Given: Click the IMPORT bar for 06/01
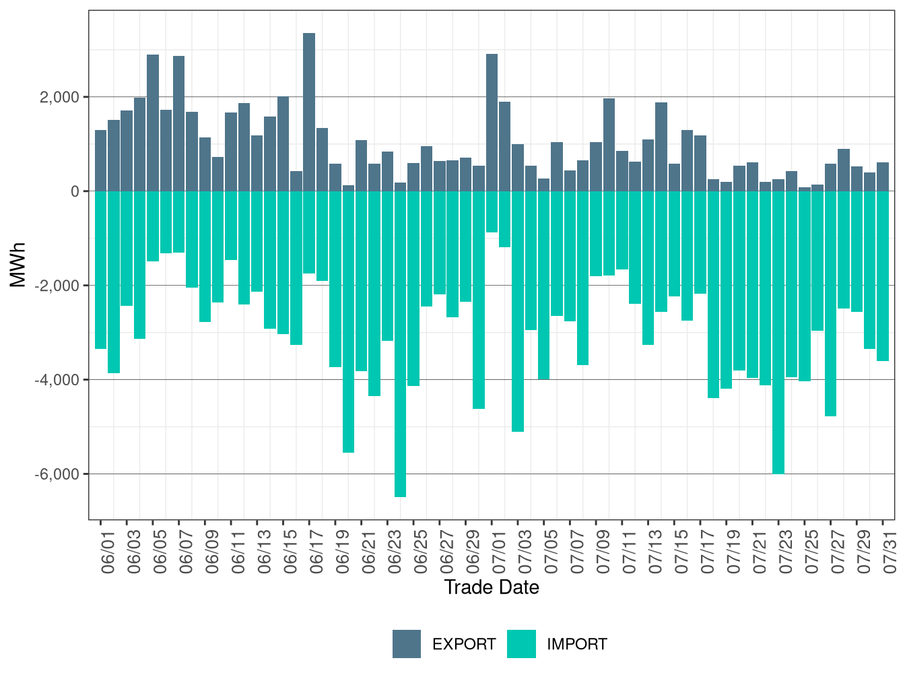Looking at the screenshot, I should (100, 269).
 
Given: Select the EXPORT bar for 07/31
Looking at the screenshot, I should (883, 176).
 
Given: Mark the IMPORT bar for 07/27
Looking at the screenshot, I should (830, 303).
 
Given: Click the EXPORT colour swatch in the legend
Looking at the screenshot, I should (407, 644).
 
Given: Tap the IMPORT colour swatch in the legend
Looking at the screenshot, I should (521, 644).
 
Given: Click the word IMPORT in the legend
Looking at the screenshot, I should (576, 645).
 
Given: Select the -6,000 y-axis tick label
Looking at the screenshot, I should (58, 474).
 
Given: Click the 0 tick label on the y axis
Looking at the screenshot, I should (75, 191).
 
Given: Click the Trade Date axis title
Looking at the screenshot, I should (492, 587).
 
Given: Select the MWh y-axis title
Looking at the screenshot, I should (18, 265).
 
